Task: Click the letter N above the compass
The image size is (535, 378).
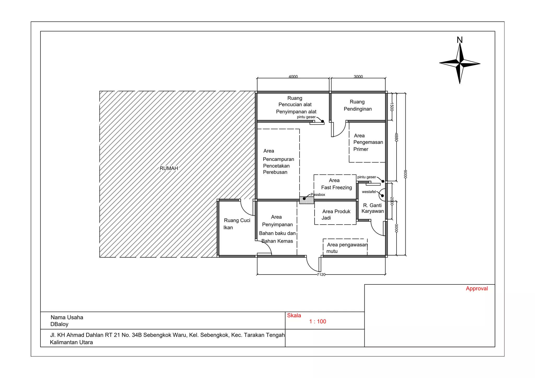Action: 460,40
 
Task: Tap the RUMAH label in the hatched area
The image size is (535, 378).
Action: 169,168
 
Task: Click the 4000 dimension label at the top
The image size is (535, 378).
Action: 293,77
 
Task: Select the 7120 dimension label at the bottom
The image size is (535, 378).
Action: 321,275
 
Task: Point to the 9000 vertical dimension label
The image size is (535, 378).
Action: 405,174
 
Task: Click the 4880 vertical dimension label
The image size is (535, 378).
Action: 396,137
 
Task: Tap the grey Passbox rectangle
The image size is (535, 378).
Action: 307,200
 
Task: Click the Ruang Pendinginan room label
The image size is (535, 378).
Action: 357,105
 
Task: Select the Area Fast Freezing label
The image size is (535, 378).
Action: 336,184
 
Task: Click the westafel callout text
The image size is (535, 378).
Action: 369,192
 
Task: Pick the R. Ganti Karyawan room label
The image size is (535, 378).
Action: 373,208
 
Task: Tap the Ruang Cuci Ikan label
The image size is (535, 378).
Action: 236,224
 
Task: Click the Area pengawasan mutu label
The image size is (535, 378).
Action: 346,248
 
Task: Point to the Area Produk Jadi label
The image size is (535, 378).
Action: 336,214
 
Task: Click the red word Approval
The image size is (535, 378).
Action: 476,288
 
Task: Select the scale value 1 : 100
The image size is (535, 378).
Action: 317,322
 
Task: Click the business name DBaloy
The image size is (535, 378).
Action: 59,324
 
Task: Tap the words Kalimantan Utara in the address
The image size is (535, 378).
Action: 71,342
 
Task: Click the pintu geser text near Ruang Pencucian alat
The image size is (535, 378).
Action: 306,117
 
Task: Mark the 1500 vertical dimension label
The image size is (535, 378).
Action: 392,107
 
